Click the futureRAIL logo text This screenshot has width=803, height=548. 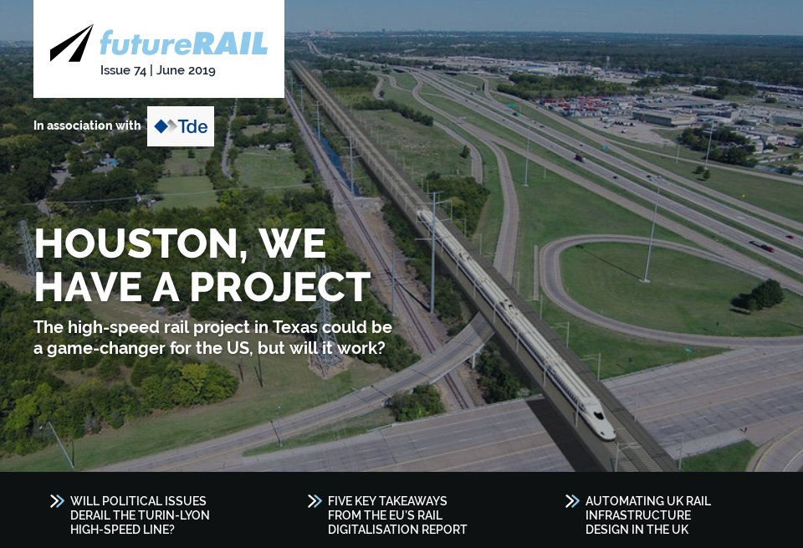click(183, 43)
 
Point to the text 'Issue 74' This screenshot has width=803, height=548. click(122, 70)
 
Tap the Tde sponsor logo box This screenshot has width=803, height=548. click(180, 126)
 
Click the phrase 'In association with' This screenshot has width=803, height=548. click(87, 125)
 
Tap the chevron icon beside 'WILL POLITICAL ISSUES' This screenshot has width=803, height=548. click(57, 501)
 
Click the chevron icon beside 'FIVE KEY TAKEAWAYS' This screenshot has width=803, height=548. click(315, 501)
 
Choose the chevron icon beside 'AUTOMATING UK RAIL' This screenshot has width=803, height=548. click(572, 501)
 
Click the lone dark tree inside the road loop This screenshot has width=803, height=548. click(762, 294)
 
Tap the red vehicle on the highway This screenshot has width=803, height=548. click(766, 248)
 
